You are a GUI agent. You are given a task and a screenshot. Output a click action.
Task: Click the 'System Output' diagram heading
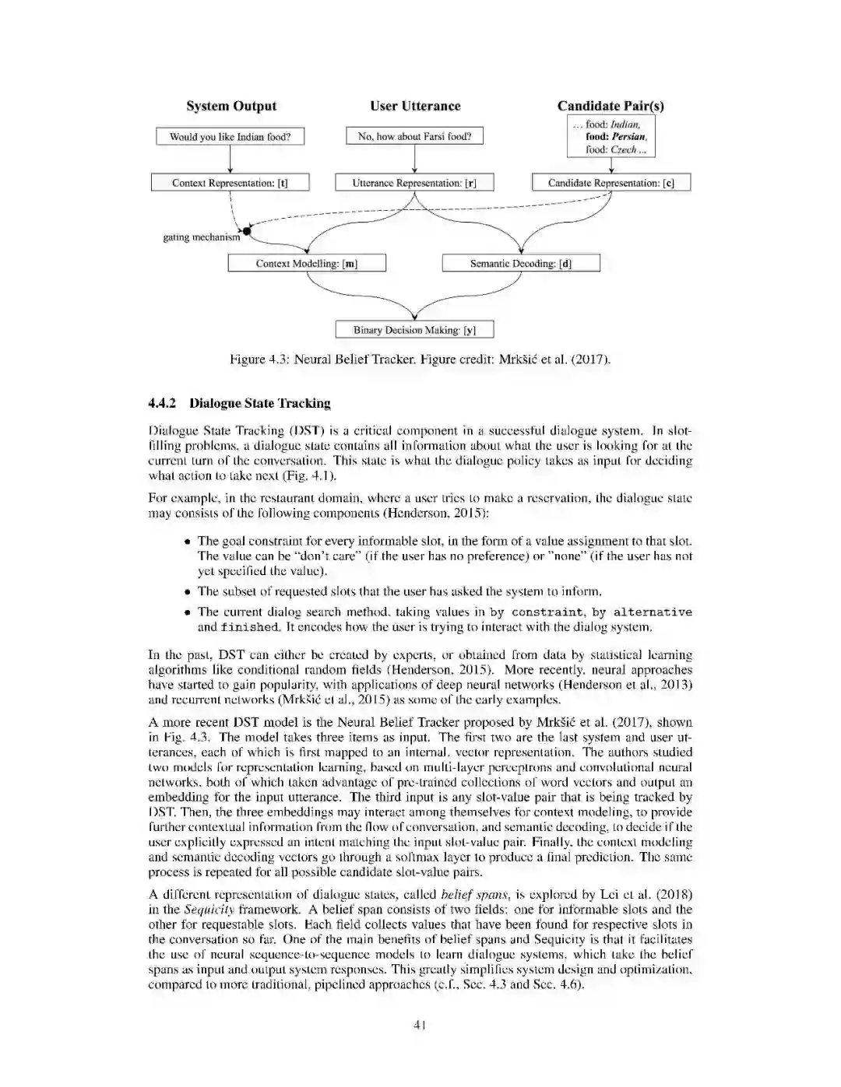[231, 107]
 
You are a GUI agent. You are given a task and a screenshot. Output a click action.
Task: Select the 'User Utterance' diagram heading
[415, 107]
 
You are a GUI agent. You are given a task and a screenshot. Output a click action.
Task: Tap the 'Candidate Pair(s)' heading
[611, 107]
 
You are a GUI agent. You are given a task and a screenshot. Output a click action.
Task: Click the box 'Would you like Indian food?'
[230, 137]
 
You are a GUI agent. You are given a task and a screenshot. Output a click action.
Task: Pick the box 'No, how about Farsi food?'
[414, 136]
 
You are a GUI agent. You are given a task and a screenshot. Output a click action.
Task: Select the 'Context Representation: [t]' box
[230, 183]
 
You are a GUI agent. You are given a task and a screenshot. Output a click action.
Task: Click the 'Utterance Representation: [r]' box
[414, 183]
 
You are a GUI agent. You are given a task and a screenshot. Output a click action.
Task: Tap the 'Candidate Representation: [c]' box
[611, 183]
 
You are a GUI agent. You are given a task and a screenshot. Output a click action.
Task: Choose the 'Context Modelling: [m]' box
[307, 264]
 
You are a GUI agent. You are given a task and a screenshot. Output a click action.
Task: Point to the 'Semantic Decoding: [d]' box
[521, 264]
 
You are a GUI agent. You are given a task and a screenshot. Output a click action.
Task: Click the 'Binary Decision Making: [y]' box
[414, 330]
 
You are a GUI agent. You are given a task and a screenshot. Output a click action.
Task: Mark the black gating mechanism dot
[248, 231]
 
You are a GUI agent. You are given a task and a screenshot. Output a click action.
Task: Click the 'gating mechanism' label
[201, 237]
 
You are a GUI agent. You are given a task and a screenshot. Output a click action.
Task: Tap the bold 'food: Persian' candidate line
[616, 137]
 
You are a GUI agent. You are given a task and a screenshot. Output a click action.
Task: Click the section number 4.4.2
[163, 403]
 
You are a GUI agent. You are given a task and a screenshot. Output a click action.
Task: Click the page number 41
[420, 1025]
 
